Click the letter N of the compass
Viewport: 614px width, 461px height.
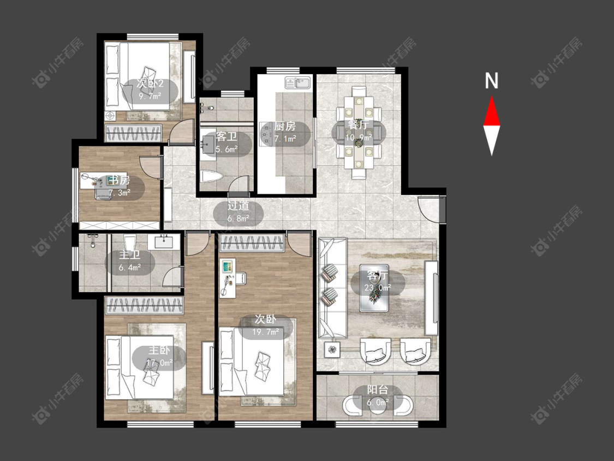491,81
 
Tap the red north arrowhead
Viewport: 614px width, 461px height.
491,112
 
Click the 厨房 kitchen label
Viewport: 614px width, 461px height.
285,126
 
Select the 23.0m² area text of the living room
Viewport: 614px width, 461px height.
378,287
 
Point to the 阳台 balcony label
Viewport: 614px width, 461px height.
378,389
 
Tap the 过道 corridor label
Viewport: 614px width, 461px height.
239,206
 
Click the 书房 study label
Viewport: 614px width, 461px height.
120,180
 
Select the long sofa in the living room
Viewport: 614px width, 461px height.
332,288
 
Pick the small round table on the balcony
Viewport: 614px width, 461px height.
378,406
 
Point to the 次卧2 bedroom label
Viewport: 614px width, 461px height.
150,84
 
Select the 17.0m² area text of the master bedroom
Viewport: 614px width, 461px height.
159,363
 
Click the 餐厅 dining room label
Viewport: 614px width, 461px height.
358,125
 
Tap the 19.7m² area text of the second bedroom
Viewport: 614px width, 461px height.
265,332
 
